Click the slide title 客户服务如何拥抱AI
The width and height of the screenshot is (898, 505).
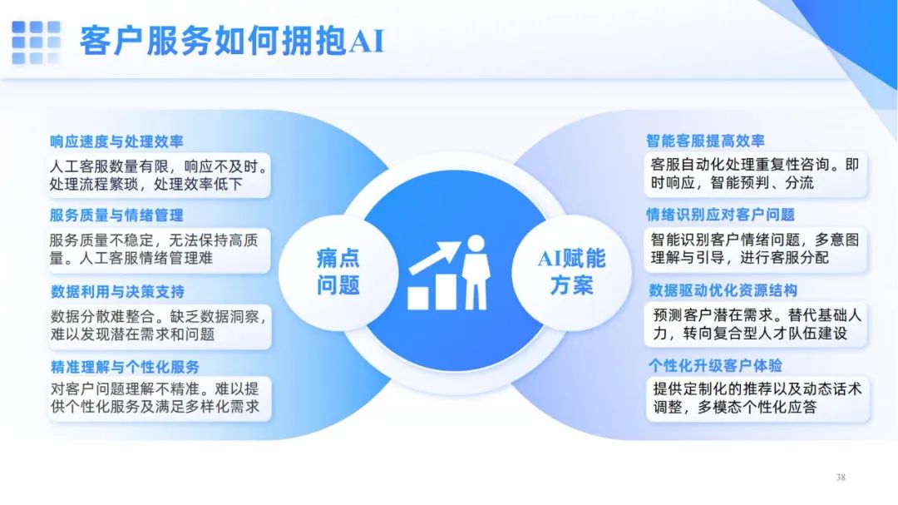pyautogui.click(x=231, y=42)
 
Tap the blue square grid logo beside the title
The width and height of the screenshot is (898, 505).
pyautogui.click(x=36, y=42)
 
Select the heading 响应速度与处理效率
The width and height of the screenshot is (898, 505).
pyautogui.click(x=116, y=141)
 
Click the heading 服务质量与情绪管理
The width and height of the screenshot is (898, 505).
pyautogui.click(x=116, y=215)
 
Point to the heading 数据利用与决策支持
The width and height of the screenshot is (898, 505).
pyautogui.click(x=117, y=292)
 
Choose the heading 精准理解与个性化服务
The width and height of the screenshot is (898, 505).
pyautogui.click(x=125, y=367)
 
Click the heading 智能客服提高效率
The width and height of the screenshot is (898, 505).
pyautogui.click(x=706, y=141)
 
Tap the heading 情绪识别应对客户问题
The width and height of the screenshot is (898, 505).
pyautogui.click(x=720, y=215)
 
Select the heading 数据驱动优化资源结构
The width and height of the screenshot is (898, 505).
pyautogui.click(x=723, y=290)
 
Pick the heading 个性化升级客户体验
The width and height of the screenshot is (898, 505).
pyautogui.click(x=715, y=366)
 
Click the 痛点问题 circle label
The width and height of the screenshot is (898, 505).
pyautogui.click(x=338, y=272)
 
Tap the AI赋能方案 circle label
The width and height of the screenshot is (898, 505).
pyautogui.click(x=571, y=272)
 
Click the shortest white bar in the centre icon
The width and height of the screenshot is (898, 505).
pyautogui.click(x=418, y=298)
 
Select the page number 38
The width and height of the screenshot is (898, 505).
pyautogui.click(x=841, y=478)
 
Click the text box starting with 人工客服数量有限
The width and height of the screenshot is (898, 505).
pyautogui.click(x=159, y=176)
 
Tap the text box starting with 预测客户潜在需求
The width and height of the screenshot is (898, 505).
pyautogui.click(x=756, y=324)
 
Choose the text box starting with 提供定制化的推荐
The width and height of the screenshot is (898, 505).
pyautogui.click(x=757, y=399)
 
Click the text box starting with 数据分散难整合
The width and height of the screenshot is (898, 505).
pyautogui.click(x=159, y=325)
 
